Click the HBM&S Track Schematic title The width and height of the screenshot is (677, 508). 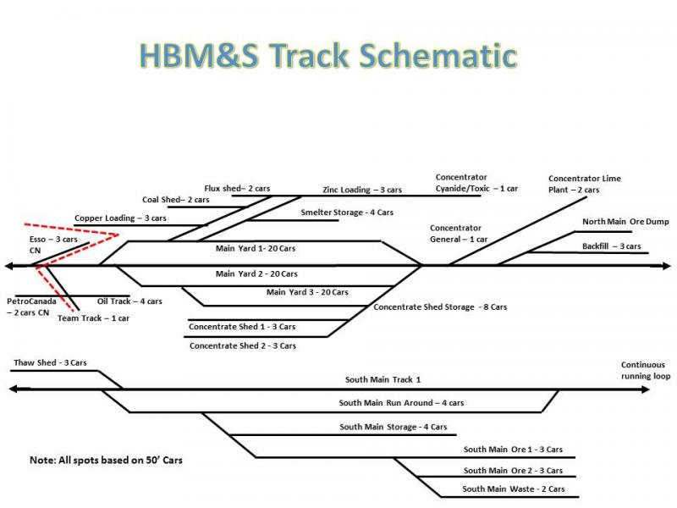click(327, 55)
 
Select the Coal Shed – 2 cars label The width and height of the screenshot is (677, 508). click(175, 200)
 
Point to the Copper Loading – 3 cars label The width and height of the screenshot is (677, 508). click(120, 218)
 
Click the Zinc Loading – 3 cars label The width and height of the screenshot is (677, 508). click(361, 190)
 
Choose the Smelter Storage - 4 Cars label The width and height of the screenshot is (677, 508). click(346, 213)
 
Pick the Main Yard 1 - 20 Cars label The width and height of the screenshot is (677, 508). click(256, 249)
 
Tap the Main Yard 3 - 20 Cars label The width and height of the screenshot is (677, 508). click(307, 292)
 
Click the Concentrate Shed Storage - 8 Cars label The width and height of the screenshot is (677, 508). click(440, 306)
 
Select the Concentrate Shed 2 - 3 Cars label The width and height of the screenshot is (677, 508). click(243, 345)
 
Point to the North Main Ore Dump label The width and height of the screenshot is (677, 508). click(625, 222)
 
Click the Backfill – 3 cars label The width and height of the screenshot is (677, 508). click(611, 246)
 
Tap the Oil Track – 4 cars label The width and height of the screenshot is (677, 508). click(129, 301)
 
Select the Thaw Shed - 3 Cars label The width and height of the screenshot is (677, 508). click(50, 362)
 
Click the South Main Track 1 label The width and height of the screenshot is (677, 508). click(383, 380)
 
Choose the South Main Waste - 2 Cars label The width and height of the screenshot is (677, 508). click(514, 489)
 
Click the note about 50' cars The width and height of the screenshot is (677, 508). click(106, 460)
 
